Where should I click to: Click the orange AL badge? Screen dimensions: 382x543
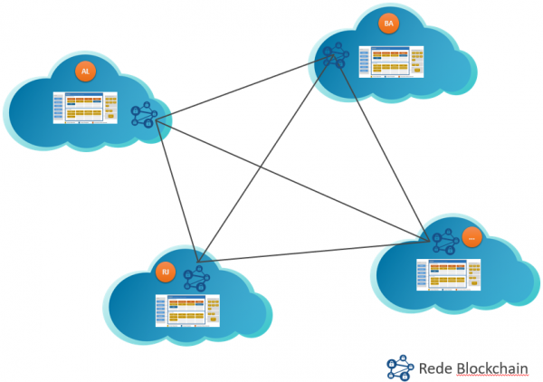[x=85, y=70]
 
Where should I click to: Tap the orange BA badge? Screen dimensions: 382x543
[x=389, y=24]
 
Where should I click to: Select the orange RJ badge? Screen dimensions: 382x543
[x=165, y=271]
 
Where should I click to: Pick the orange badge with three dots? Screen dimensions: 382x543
[x=472, y=237]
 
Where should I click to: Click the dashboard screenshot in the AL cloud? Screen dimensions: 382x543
[x=85, y=107]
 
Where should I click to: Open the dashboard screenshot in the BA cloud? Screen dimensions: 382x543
[x=390, y=61]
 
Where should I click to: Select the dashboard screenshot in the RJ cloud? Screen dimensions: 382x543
[x=186, y=309]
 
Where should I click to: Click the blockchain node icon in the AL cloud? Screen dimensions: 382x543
[x=143, y=115]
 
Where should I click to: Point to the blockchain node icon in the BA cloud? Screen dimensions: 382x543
[x=335, y=56]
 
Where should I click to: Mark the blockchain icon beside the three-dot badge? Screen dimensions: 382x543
[x=443, y=241]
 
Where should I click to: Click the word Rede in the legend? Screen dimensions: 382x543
[x=435, y=368]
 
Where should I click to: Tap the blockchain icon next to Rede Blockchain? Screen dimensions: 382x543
[x=398, y=367]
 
